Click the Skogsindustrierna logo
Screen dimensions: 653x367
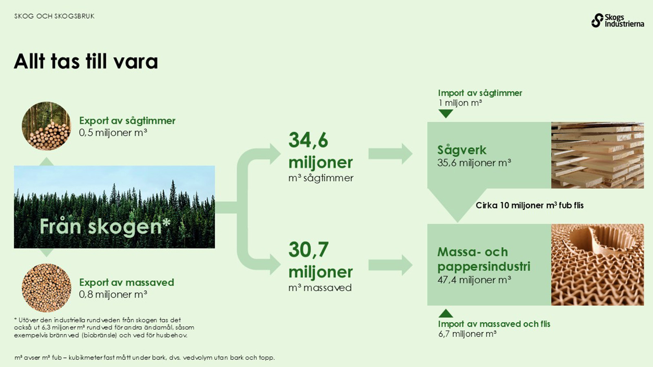(617, 20)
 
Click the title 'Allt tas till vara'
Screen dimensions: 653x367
(86, 61)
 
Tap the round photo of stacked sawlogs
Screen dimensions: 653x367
(47, 126)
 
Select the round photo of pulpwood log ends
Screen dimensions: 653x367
(47, 288)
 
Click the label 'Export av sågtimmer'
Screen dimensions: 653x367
(127, 121)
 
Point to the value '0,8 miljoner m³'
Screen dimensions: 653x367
(113, 294)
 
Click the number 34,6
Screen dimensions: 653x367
(308, 140)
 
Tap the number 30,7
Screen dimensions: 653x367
(309, 250)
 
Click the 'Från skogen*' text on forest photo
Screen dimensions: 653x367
(105, 227)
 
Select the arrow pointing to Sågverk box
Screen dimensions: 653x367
(391, 154)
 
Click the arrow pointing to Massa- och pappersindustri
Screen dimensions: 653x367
(391, 265)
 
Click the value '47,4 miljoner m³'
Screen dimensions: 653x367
(474, 280)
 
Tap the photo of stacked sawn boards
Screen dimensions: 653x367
(597, 155)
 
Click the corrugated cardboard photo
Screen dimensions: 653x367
(597, 265)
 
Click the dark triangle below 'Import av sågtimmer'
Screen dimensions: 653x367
(446, 114)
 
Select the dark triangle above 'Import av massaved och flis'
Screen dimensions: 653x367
(446, 314)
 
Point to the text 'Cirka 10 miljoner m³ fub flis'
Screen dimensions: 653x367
(530, 206)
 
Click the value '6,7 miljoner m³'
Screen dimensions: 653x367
(467, 334)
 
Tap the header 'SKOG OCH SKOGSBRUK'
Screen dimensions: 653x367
(55, 16)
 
